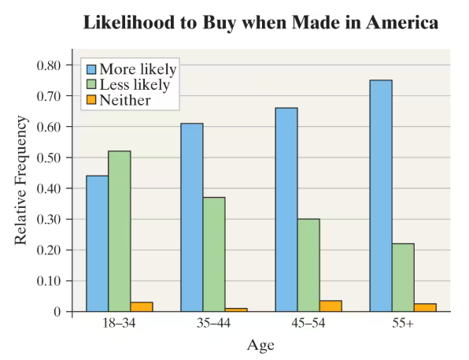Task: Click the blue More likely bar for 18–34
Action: pos(97,243)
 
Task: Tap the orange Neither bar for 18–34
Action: pos(142,306)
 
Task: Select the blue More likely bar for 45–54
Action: pos(286,210)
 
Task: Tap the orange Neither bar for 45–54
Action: pos(331,306)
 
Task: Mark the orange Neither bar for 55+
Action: pos(425,307)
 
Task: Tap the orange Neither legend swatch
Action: pos(90,100)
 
